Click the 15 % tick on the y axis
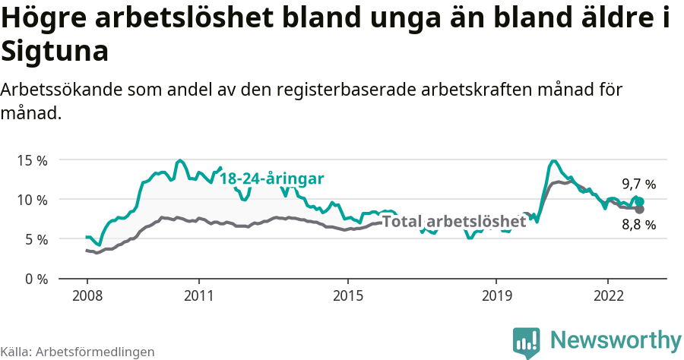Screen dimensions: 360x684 31,160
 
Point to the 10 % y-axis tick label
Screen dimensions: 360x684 31,200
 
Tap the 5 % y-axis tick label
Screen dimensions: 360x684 34,239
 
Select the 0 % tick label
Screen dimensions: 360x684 34,279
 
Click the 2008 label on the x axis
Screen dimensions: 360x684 87,295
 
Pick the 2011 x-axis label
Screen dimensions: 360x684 198,295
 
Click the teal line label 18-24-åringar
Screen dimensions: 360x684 272,179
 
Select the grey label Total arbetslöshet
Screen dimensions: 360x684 454,222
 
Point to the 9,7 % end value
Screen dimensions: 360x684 638,185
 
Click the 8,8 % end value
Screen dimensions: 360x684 638,225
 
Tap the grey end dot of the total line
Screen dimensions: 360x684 640,209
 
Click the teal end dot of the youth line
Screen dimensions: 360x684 640,201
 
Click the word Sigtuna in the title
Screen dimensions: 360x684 55,52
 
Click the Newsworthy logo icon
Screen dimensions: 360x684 527,343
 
